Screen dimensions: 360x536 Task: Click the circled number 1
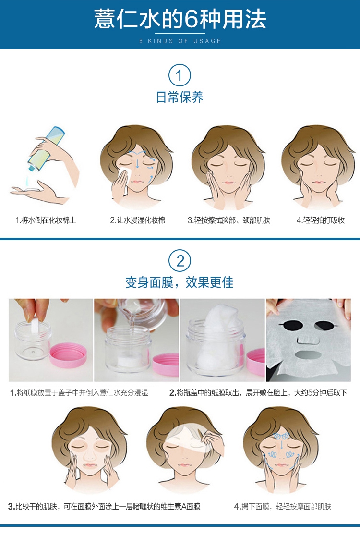[180, 75]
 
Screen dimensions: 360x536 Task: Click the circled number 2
[180, 261]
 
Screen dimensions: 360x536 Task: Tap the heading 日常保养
[180, 97]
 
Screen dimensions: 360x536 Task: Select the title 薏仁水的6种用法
[180, 19]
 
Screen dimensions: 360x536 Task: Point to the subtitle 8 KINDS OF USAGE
[180, 41]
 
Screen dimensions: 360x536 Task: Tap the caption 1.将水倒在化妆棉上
[46, 220]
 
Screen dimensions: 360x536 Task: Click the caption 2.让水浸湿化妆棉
[137, 220]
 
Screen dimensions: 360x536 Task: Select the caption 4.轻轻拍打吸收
[320, 220]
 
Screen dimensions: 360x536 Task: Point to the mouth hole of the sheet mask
[308, 354]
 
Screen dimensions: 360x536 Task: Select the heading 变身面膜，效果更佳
[180, 283]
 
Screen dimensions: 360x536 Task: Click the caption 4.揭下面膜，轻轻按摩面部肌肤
[282, 507]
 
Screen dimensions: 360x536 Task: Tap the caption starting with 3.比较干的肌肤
[104, 507]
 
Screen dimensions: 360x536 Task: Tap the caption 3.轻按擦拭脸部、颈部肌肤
[229, 220]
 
